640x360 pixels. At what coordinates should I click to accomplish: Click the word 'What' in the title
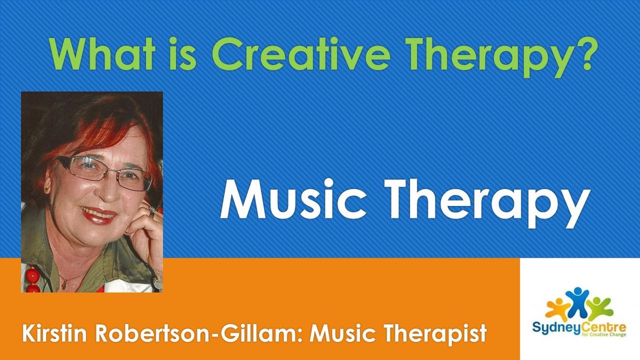click(102, 54)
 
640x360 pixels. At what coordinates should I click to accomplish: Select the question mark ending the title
click(582, 54)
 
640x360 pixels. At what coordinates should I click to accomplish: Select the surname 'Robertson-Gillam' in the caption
click(198, 333)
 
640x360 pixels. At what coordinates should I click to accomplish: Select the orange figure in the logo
click(558, 309)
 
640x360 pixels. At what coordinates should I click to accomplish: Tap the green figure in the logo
click(599, 308)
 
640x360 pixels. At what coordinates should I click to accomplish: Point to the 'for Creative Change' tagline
click(605, 334)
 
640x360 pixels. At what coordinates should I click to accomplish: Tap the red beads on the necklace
click(33, 280)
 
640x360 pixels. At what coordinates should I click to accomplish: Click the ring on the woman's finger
click(152, 212)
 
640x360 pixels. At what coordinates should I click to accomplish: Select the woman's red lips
click(98, 215)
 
